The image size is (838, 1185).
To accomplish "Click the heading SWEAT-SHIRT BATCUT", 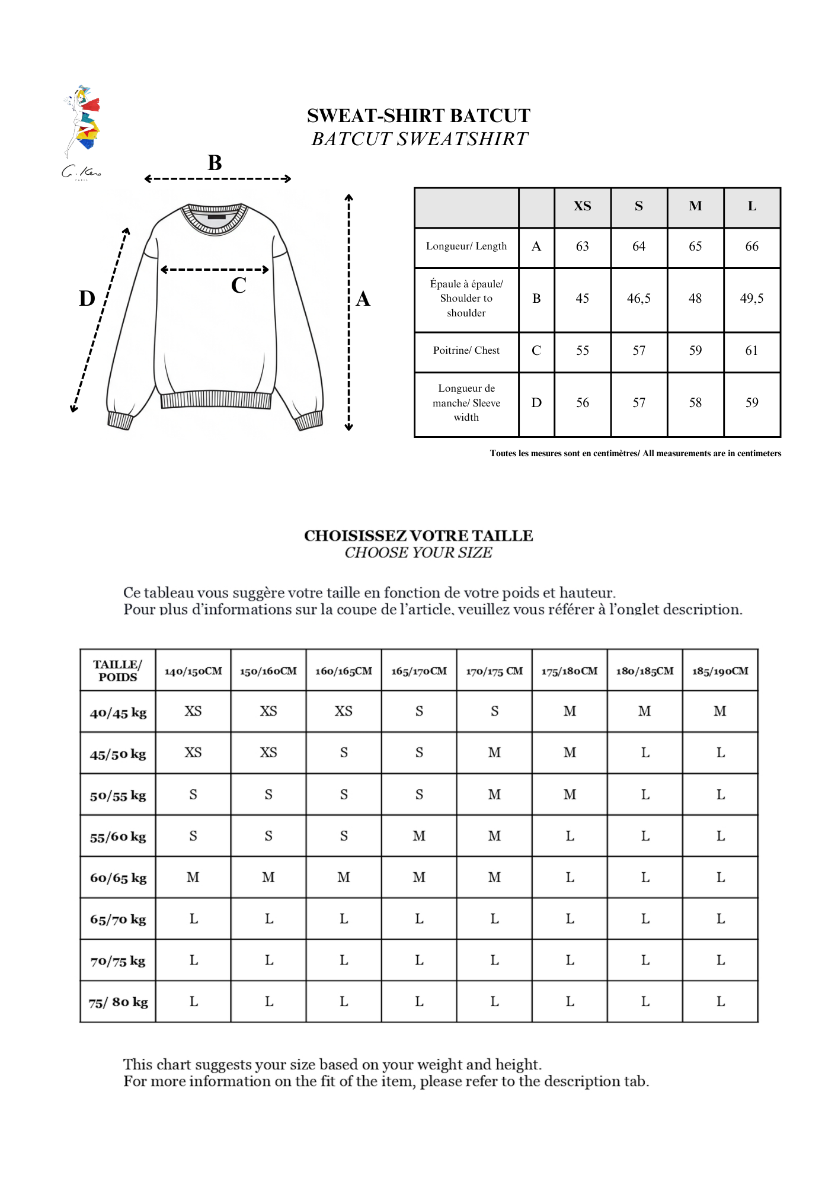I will (x=418, y=116).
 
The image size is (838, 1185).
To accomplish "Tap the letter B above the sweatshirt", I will (x=215, y=163).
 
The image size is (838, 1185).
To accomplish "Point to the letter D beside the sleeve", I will (x=87, y=299).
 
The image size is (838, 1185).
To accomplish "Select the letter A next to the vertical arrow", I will (x=363, y=299).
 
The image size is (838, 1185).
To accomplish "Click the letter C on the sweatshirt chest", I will (x=238, y=286).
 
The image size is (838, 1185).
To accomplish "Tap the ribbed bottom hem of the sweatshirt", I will (x=216, y=401).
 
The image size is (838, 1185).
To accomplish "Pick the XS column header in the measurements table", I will (x=582, y=206).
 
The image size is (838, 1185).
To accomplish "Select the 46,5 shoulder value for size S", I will (x=638, y=299).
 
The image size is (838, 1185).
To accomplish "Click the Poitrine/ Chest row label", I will (x=466, y=351).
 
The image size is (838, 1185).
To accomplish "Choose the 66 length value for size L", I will (x=751, y=246).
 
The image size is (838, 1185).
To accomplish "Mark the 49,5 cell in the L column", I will (x=751, y=299).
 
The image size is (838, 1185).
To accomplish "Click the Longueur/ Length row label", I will (x=466, y=246).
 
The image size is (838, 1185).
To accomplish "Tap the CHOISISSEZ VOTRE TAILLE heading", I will (x=418, y=536).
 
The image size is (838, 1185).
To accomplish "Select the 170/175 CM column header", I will (x=494, y=671).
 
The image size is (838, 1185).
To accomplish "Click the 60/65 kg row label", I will (x=118, y=878).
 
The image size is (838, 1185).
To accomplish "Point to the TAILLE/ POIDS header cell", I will (x=118, y=671).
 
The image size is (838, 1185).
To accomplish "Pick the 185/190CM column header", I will (x=720, y=671).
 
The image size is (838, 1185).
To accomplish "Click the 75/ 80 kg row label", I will (x=118, y=1003).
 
